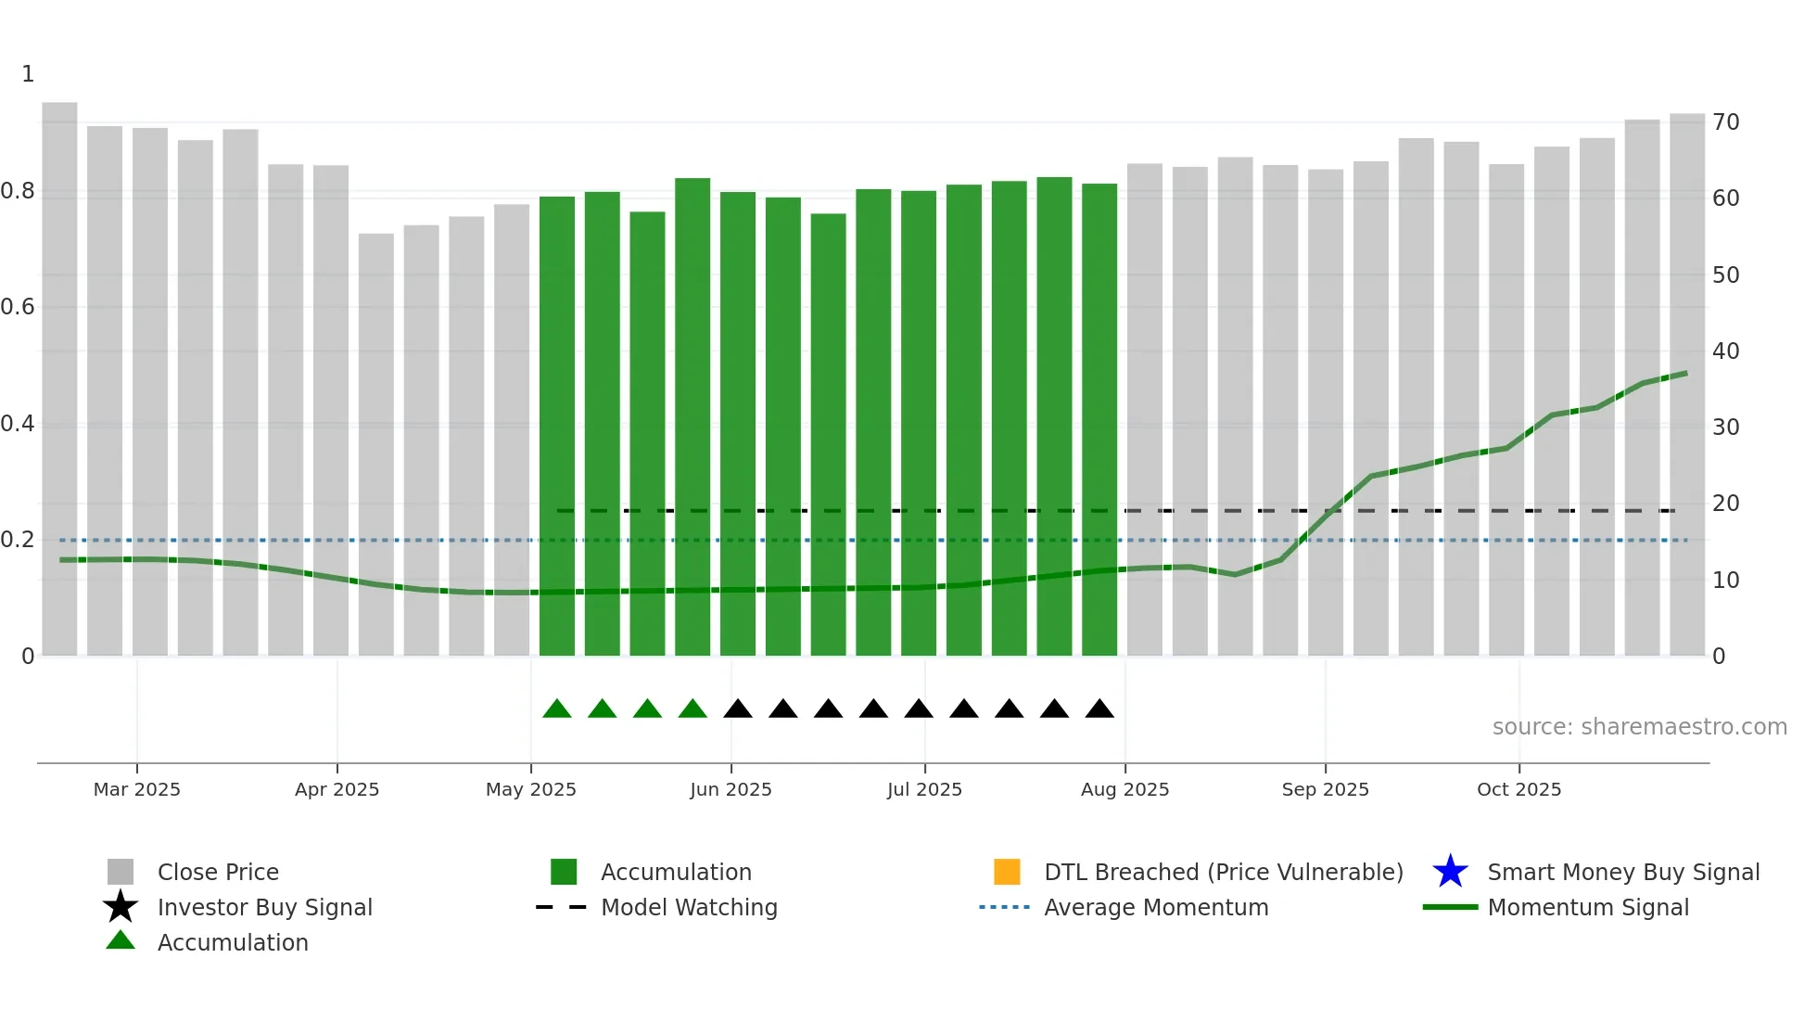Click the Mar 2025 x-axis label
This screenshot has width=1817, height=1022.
[136, 789]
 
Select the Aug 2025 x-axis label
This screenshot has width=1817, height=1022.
[1125, 789]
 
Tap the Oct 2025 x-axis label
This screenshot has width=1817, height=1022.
[1518, 789]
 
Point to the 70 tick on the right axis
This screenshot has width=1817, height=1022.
[1725, 122]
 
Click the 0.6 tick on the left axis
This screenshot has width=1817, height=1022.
[18, 307]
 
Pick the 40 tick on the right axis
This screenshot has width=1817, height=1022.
[1725, 351]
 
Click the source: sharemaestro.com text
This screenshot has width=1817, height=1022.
[1639, 727]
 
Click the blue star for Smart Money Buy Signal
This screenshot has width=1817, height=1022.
[1450, 872]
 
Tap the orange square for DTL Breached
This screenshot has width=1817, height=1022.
[1007, 872]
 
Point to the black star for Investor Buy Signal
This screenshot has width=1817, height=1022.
[121, 907]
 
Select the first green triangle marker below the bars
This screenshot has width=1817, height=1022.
[557, 709]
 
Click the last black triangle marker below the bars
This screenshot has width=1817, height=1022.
[1099, 709]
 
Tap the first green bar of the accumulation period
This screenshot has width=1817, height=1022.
[557, 427]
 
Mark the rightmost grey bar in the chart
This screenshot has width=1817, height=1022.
[1687, 385]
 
